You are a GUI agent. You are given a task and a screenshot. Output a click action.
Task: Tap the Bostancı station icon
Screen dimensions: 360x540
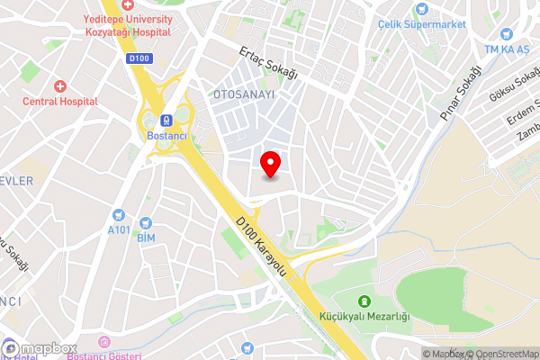point(166,120)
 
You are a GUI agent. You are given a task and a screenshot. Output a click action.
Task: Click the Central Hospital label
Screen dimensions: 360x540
point(60,102)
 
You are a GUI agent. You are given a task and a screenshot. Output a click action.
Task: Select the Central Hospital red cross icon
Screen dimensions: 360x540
point(60,86)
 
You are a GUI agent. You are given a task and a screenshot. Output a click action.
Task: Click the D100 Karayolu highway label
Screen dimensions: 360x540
point(261,245)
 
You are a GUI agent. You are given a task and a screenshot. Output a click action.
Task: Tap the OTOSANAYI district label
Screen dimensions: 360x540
point(242,94)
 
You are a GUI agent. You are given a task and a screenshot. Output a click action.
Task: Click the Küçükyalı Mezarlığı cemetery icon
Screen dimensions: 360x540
point(364,301)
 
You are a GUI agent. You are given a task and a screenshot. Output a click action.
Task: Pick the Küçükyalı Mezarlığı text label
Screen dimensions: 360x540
point(364,317)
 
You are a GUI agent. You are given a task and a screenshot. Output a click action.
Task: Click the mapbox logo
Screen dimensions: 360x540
point(40,348)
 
